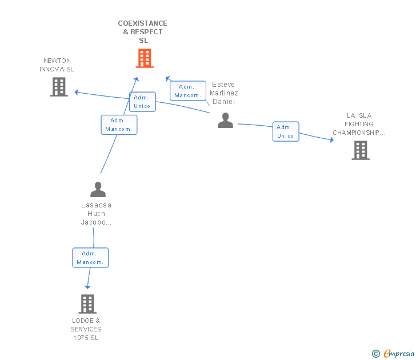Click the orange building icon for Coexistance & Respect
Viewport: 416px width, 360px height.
point(145,58)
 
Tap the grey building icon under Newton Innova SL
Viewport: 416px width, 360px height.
point(59,87)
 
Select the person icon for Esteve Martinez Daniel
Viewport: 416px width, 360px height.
point(226,121)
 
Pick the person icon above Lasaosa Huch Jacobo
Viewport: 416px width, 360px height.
point(98,189)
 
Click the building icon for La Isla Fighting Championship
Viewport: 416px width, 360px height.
point(361,150)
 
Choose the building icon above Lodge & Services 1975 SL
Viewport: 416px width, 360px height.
point(87,304)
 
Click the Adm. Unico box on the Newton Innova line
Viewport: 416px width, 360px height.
point(142,102)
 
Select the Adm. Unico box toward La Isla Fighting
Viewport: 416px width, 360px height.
point(286,131)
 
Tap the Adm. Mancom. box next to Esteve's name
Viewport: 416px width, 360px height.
point(188,91)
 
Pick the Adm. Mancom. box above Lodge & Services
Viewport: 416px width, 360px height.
point(90,258)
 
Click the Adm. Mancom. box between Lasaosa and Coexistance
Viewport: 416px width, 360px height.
point(119,125)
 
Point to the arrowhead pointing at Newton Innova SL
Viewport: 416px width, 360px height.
point(77,92)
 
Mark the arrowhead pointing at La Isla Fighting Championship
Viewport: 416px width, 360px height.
point(331,139)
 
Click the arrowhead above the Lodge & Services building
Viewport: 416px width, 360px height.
point(87,287)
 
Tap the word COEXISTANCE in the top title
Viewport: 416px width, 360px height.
point(142,23)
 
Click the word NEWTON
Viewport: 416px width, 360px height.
point(57,61)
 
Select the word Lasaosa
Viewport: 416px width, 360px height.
point(96,205)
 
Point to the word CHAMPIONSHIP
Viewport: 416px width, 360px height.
point(356,133)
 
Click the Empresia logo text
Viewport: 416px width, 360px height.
point(399,353)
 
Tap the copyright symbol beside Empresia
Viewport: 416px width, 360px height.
point(376,354)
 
